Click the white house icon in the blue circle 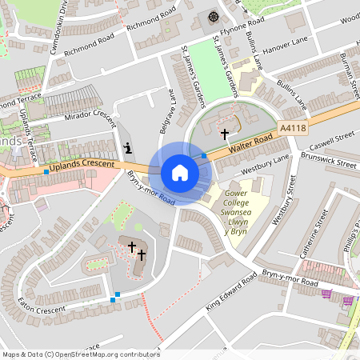click(x=180, y=173)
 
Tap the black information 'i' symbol click(x=129, y=148)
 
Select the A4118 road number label click(x=294, y=127)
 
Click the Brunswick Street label click(x=329, y=160)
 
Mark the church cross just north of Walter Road click(x=226, y=134)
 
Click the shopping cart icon click(x=326, y=294)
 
